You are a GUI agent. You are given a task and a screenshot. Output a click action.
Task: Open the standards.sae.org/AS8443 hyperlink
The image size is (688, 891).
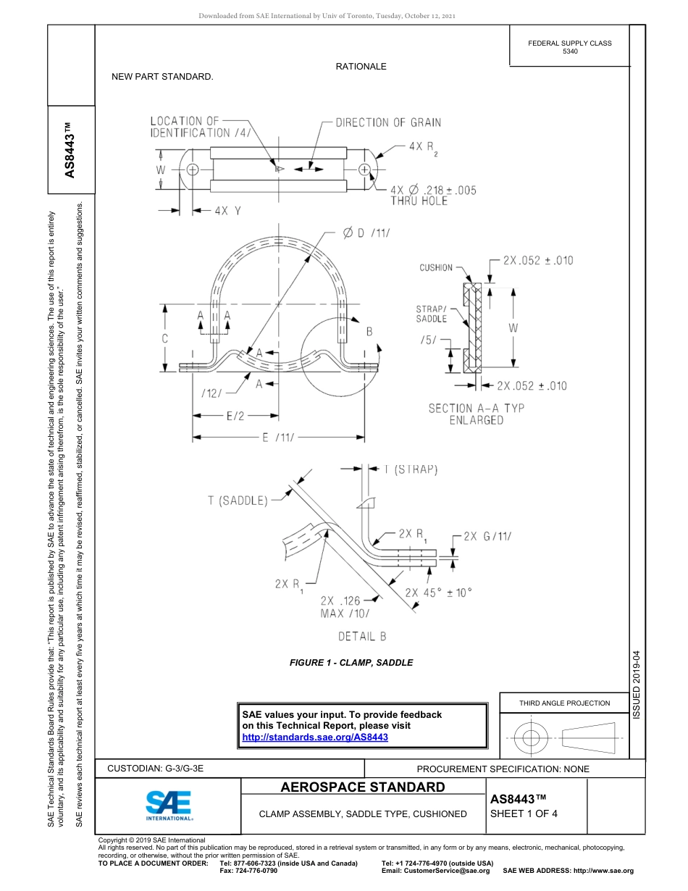[x=315, y=737]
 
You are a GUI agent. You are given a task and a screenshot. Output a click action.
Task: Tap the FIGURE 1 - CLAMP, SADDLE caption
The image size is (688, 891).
[x=351, y=662]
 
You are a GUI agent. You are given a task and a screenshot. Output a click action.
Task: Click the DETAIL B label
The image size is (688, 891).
[x=362, y=636]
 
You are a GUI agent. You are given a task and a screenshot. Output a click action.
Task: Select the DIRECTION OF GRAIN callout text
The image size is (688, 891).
[x=388, y=122]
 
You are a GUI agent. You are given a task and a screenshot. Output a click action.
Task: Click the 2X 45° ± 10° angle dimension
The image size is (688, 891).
[x=438, y=592]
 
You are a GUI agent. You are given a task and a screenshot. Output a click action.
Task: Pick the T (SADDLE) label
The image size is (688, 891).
[x=238, y=500]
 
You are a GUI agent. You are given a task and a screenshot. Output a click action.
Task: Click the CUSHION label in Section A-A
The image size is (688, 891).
[x=436, y=268]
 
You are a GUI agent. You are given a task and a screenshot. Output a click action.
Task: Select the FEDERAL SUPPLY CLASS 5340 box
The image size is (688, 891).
[x=569, y=47]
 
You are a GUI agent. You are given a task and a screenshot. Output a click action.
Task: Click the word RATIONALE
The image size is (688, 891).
[x=361, y=67]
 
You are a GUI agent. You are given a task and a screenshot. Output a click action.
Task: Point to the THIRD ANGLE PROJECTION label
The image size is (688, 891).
[x=564, y=703]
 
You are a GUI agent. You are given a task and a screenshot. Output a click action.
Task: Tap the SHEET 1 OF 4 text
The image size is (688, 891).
[x=524, y=813]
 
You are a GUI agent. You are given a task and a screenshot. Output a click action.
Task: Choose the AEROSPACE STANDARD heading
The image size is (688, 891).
[x=363, y=787]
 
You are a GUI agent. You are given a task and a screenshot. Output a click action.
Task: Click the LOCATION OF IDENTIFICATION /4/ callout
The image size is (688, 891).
[x=201, y=127]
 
